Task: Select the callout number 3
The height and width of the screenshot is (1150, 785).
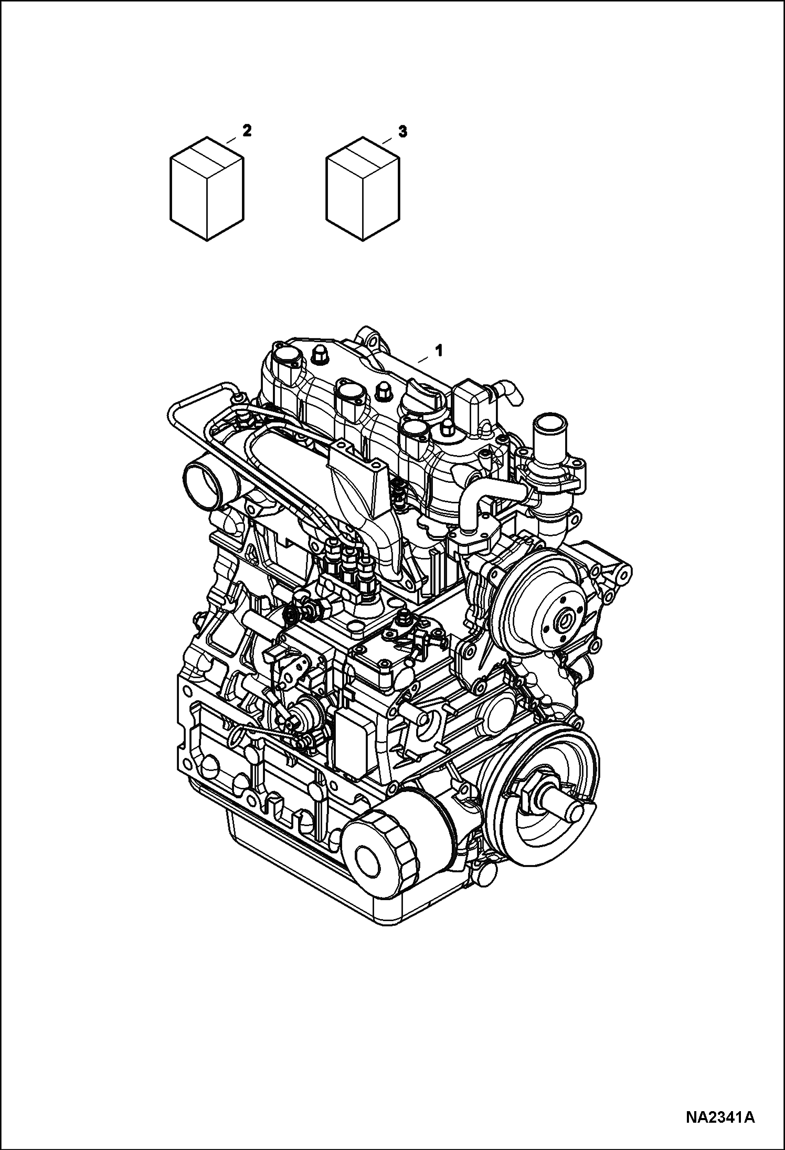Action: click(x=402, y=132)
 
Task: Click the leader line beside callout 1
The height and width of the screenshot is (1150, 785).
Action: click(x=423, y=358)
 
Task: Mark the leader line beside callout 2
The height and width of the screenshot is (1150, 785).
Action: click(x=232, y=139)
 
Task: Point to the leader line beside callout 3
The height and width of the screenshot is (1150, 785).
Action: click(x=387, y=140)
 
